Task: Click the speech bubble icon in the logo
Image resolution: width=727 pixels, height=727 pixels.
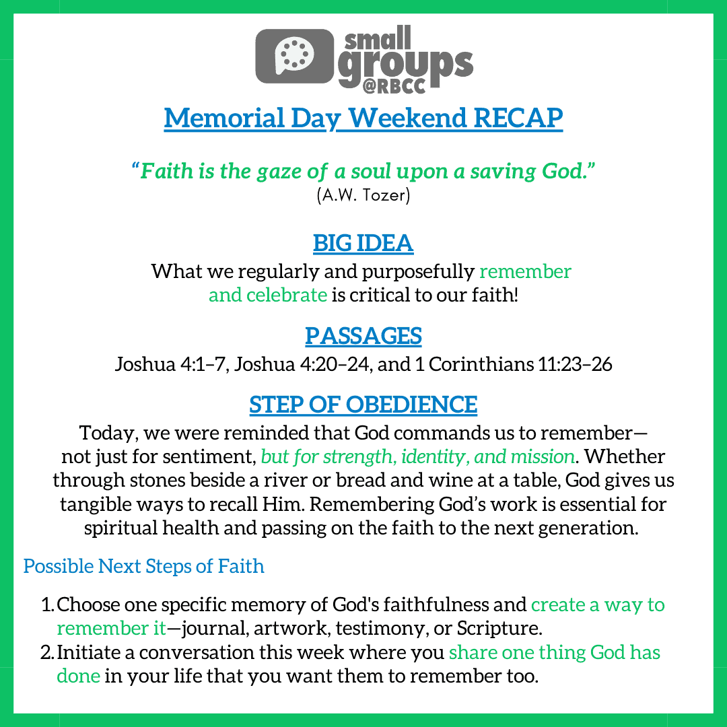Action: click(x=294, y=56)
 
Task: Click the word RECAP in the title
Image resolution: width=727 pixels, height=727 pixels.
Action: click(x=518, y=118)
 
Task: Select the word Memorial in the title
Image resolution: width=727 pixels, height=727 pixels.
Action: click(x=224, y=118)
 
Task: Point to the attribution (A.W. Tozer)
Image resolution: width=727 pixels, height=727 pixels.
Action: click(x=363, y=195)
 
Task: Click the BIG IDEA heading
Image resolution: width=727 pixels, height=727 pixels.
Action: click(x=363, y=243)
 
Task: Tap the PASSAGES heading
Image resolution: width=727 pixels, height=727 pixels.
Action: click(x=363, y=336)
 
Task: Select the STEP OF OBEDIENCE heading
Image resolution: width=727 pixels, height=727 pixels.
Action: click(x=363, y=405)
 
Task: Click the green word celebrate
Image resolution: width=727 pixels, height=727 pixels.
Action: click(x=287, y=296)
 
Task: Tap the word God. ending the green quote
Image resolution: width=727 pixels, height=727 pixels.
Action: click(x=568, y=171)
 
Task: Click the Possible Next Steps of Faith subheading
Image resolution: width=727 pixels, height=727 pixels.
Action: click(x=144, y=566)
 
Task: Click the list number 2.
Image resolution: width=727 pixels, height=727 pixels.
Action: click(x=48, y=652)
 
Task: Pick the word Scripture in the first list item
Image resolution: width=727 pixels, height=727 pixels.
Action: click(x=499, y=629)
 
